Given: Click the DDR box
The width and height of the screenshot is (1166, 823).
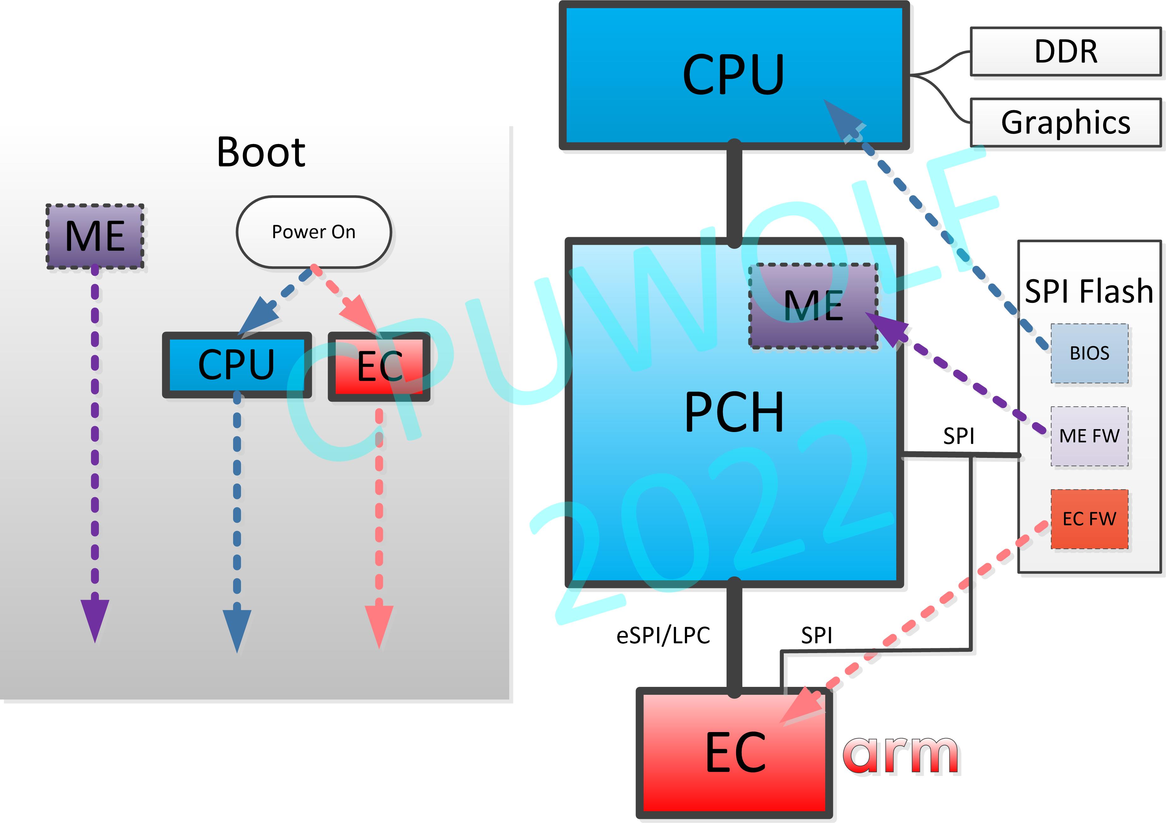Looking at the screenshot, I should (1066, 52).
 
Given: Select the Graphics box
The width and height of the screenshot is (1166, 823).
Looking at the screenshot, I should (1066, 122).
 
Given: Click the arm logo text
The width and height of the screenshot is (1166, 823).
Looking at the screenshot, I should (900, 755).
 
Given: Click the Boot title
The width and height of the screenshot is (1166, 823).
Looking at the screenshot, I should (261, 152).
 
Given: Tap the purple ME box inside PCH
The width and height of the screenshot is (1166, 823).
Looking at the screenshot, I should (813, 306).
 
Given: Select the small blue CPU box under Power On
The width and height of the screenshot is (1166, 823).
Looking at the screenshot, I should (236, 364).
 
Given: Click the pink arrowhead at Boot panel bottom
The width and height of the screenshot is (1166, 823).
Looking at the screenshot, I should (379, 624).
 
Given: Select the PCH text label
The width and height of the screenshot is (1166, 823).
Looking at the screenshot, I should (734, 412).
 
